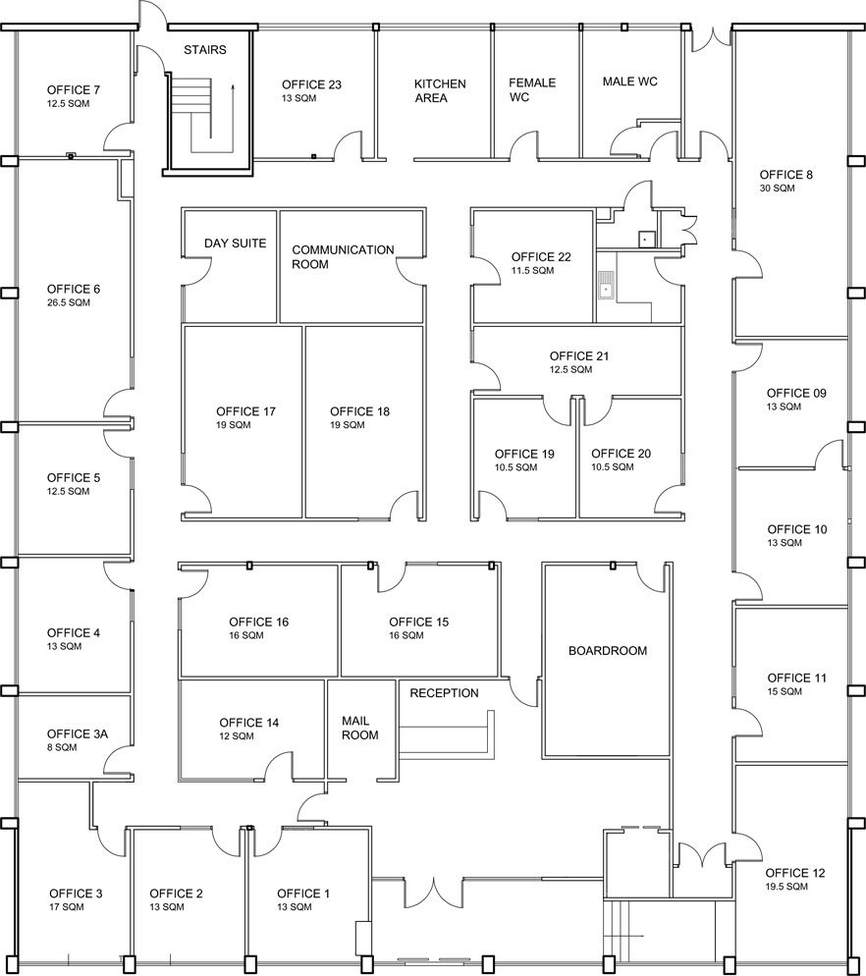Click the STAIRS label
point(205,50)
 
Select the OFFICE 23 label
point(311,84)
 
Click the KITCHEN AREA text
point(440,90)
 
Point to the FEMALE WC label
point(532,89)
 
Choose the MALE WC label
point(629,81)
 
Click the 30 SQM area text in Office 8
point(776,188)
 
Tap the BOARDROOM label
point(608,651)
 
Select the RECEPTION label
point(444,693)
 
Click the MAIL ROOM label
point(359,728)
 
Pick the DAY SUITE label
point(235,244)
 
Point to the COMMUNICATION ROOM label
point(343,257)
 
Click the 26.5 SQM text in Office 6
point(69,303)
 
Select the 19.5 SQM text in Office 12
point(786,887)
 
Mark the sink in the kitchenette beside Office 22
point(607,288)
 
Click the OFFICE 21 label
point(579,356)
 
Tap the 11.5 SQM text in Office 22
point(533,270)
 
